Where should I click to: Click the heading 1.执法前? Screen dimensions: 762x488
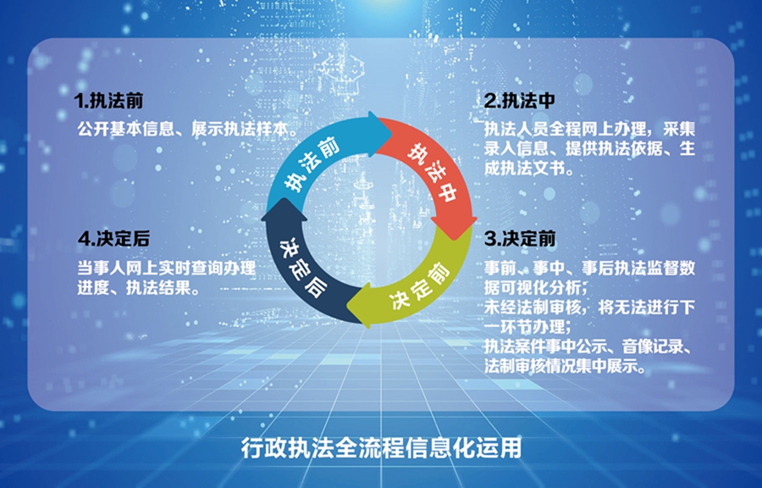(x=109, y=101)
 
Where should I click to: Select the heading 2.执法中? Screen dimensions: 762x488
(x=520, y=101)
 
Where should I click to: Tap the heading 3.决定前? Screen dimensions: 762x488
(x=520, y=239)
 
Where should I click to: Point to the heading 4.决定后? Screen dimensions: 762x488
(x=113, y=239)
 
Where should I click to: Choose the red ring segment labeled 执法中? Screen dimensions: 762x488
(x=433, y=170)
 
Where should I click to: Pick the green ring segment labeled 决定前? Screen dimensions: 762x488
(x=418, y=286)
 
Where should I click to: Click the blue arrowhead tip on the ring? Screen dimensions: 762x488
(x=392, y=132)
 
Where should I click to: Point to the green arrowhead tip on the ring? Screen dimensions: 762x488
(x=347, y=306)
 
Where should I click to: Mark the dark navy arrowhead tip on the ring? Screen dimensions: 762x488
(x=284, y=198)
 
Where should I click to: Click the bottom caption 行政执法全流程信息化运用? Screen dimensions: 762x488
(x=382, y=447)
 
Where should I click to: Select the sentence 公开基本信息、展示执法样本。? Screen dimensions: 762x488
(x=189, y=129)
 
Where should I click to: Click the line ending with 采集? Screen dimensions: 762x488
(x=589, y=129)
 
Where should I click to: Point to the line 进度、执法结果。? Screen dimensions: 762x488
(x=139, y=288)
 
